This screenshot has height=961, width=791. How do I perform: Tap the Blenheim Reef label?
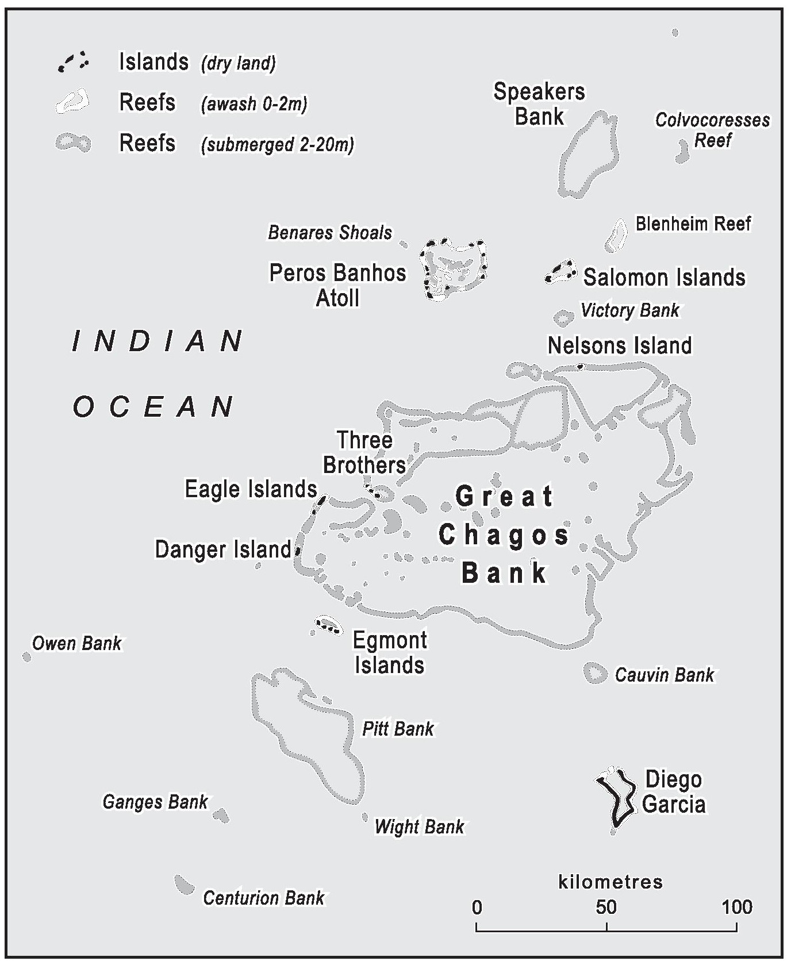click(x=693, y=224)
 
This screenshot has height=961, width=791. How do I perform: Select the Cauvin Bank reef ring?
click(x=595, y=672)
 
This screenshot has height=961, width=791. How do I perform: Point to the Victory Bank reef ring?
click(x=563, y=317)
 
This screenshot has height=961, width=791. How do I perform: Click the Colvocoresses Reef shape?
click(x=682, y=152)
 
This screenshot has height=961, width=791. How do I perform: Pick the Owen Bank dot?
click(x=26, y=656)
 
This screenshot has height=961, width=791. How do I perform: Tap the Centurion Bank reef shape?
click(x=184, y=885)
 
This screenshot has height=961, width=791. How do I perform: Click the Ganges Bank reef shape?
click(x=221, y=815)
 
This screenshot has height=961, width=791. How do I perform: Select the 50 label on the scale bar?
click(x=606, y=907)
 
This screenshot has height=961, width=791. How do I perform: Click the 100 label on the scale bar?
click(x=737, y=907)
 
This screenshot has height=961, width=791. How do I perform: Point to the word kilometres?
click(x=610, y=882)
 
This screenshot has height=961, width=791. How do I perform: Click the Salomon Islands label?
click(x=664, y=278)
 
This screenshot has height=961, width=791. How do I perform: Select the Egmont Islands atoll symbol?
click(x=328, y=625)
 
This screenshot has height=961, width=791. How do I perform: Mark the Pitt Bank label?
click(x=398, y=729)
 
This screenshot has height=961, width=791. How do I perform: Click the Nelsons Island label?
click(x=620, y=345)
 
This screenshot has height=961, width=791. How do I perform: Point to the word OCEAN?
click(x=154, y=406)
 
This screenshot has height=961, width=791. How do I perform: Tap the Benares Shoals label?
click(x=330, y=232)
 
